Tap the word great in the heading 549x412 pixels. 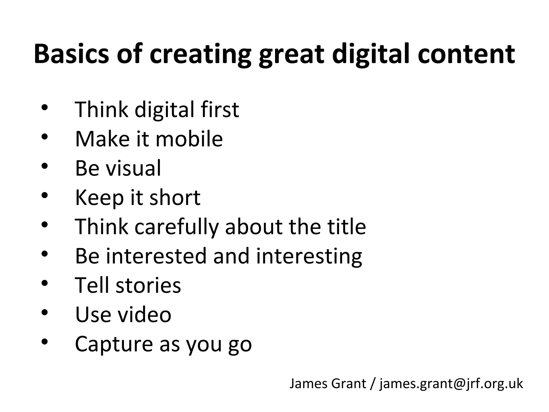[292, 55]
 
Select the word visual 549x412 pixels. [133, 168]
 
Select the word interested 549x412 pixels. [157, 256]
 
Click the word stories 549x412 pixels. [148, 285]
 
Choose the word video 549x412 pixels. [144, 314]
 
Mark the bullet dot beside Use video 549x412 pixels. [44, 312]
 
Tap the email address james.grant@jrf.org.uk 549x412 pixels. [451, 384]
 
